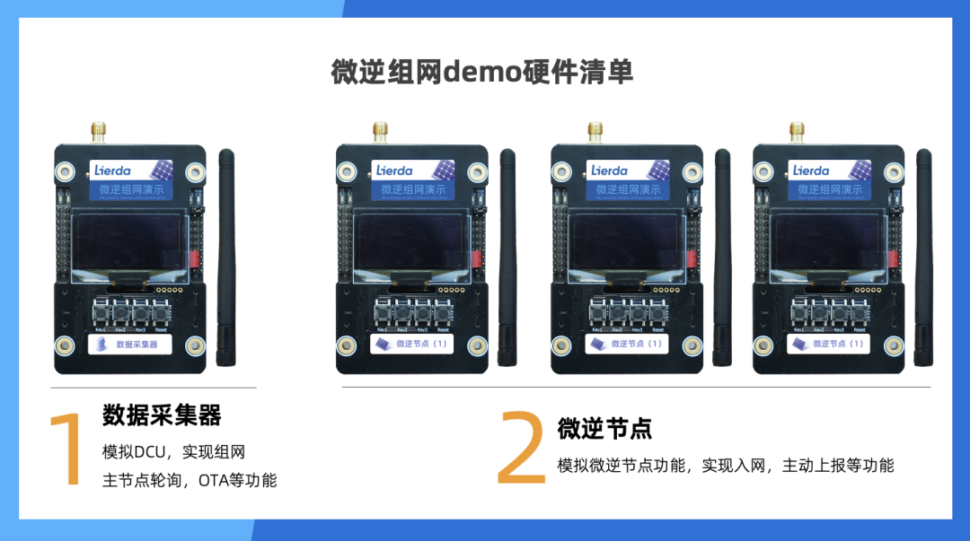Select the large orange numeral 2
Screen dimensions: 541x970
521,448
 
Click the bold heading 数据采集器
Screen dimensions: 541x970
162,414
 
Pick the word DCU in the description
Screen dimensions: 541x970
154,452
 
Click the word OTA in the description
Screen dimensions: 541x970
213,480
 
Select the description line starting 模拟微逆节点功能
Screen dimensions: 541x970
726,465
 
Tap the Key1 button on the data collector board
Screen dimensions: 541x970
100,314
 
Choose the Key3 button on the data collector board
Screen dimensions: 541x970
140,314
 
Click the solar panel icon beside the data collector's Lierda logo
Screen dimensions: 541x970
162,170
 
